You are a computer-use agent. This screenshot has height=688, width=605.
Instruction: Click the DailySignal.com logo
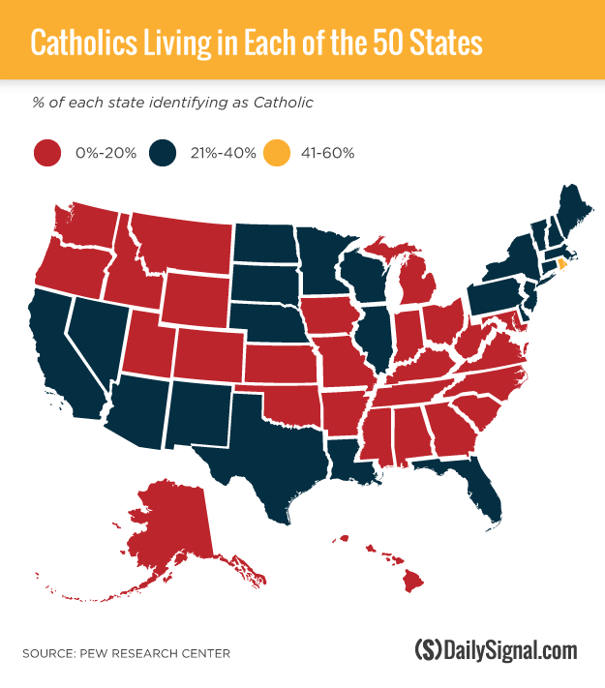point(495,650)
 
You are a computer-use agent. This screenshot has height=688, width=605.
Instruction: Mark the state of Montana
point(184,246)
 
